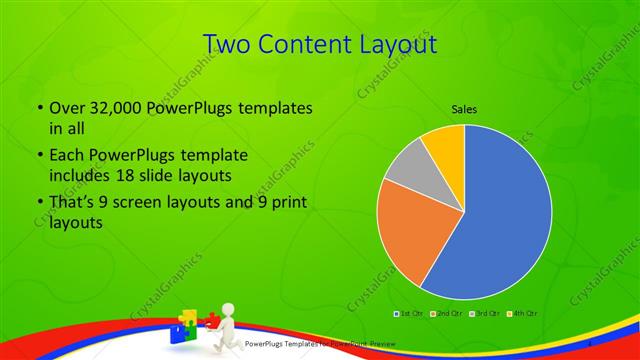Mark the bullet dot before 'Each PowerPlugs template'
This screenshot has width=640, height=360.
point(39,157)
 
